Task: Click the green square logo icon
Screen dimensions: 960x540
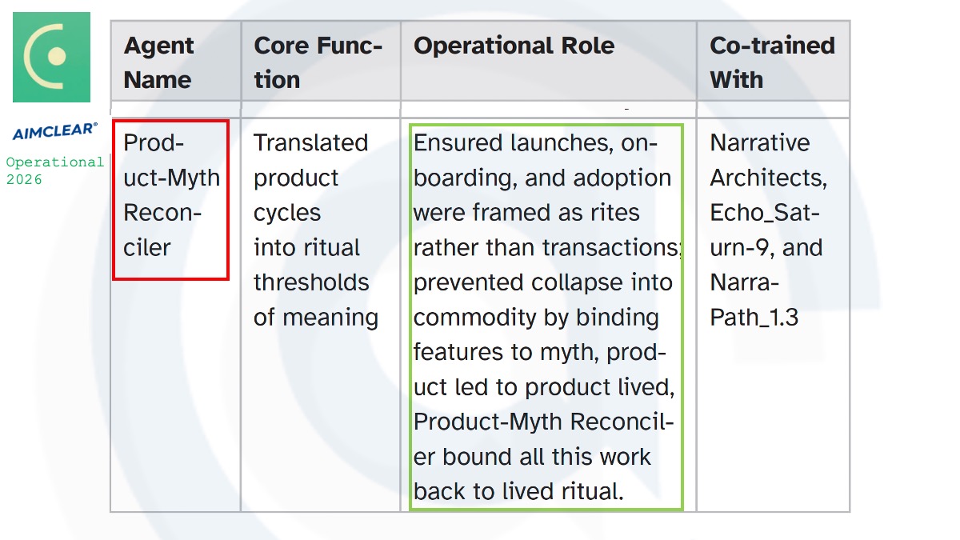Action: pyautogui.click(x=51, y=57)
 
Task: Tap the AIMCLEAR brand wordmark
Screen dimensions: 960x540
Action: pyautogui.click(x=55, y=131)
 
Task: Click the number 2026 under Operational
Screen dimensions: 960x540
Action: pyautogui.click(x=24, y=179)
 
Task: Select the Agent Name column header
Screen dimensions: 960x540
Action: pyautogui.click(x=158, y=62)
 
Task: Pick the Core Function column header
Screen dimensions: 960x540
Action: pyautogui.click(x=318, y=62)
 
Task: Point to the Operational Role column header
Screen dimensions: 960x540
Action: pyautogui.click(x=514, y=46)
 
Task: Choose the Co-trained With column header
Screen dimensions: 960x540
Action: pyautogui.click(x=772, y=62)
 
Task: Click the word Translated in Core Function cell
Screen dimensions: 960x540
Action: pyautogui.click(x=310, y=142)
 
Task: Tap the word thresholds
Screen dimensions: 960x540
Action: pyautogui.click(x=311, y=282)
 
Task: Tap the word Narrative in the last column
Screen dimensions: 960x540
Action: pyautogui.click(x=760, y=142)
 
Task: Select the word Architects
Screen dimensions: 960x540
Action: pyautogui.click(x=769, y=178)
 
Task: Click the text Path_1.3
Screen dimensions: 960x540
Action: pyautogui.click(x=754, y=318)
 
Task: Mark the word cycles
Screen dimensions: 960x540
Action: pyautogui.click(x=287, y=213)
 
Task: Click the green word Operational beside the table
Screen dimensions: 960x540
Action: pyautogui.click(x=55, y=162)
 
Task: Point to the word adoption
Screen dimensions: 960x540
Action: pyautogui.click(x=622, y=178)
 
